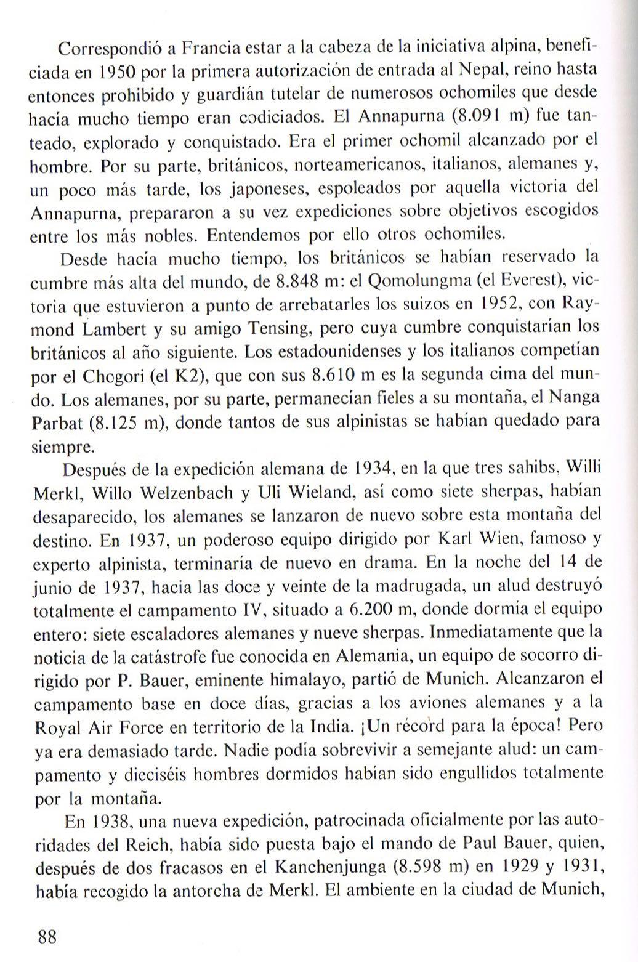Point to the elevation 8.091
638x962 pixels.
pos(482,116)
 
